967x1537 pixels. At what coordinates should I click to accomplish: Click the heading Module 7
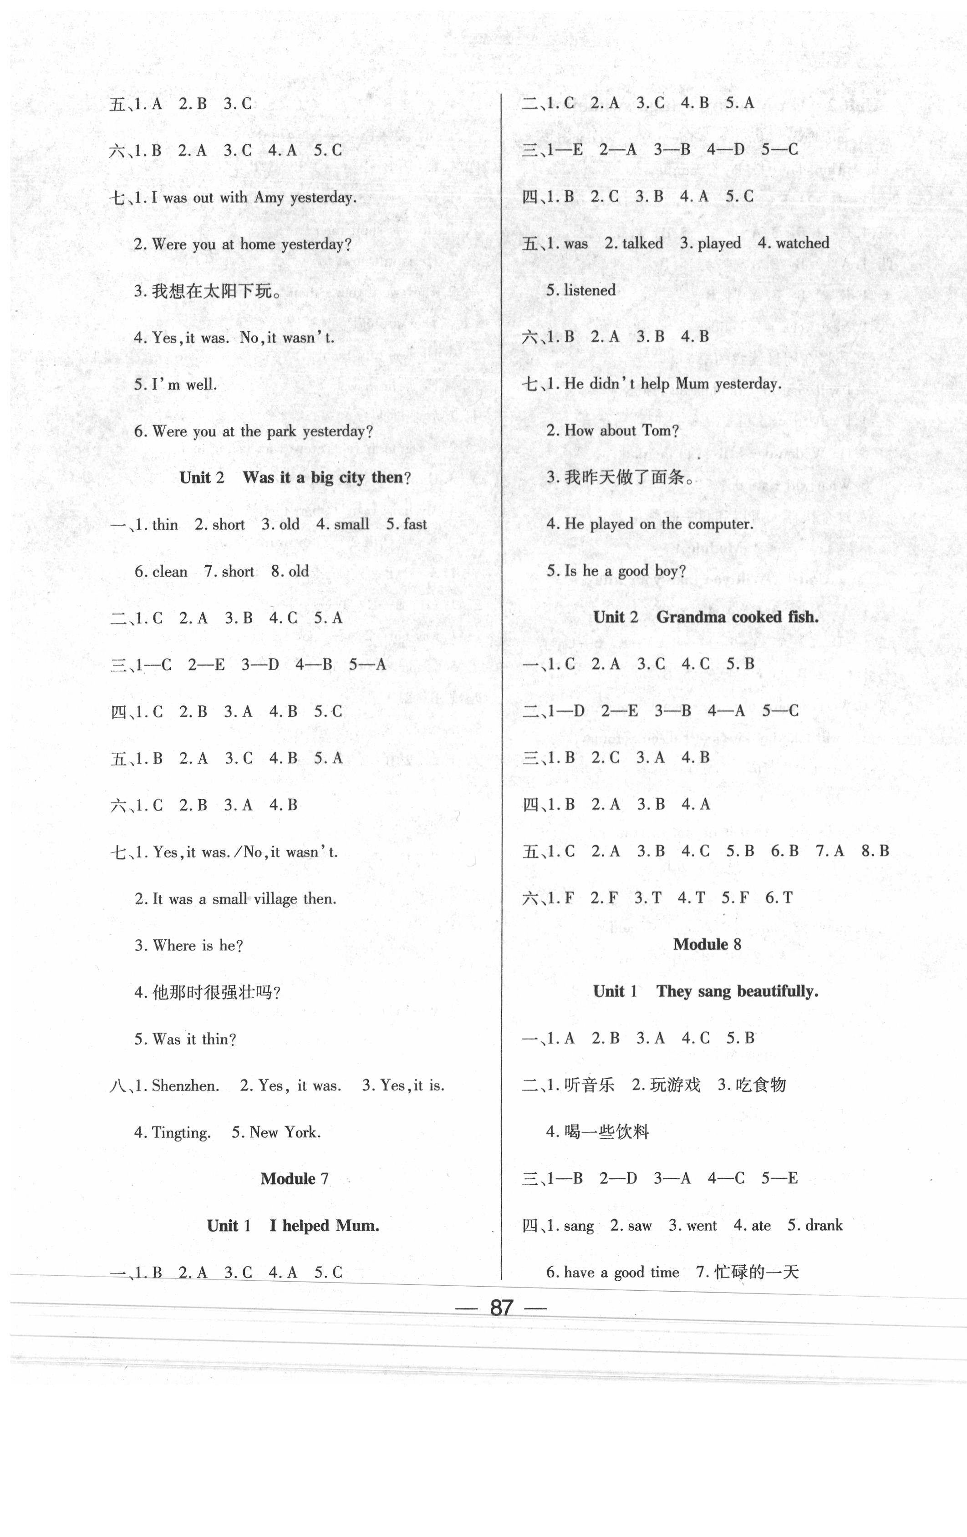pyautogui.click(x=294, y=1178)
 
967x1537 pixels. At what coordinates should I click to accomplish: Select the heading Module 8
pyautogui.click(x=707, y=944)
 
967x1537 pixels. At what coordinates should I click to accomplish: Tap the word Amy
pyautogui.click(x=269, y=198)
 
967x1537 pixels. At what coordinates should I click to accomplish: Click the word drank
pyautogui.click(x=824, y=1226)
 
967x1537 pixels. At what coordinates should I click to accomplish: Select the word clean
pyautogui.click(x=170, y=571)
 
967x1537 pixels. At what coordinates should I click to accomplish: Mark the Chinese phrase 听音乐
pyautogui.click(x=589, y=1085)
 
